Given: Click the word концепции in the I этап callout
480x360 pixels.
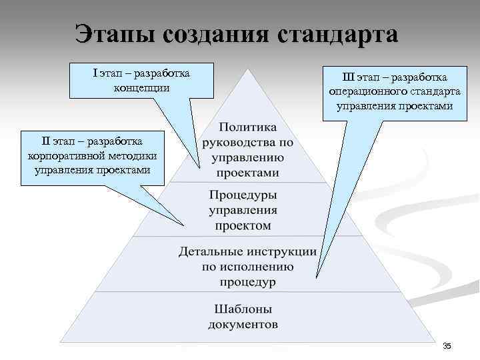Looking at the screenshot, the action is click(x=142, y=87).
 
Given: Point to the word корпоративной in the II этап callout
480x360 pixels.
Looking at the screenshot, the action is click(x=61, y=155).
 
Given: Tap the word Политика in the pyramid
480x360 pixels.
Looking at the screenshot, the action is click(x=247, y=127).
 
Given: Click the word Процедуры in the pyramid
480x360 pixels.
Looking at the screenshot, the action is click(x=243, y=195).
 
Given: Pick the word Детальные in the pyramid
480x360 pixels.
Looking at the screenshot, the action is click(x=211, y=252).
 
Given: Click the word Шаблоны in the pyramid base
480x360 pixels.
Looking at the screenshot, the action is click(x=243, y=309).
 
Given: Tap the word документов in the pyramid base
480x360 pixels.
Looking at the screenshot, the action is click(x=243, y=325).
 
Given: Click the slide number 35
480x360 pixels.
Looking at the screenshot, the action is click(x=447, y=345).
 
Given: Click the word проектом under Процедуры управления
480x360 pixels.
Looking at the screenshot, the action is click(x=243, y=225).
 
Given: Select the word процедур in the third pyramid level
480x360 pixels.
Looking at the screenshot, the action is click(x=247, y=282).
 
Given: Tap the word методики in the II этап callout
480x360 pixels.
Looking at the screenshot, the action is click(x=135, y=155).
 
